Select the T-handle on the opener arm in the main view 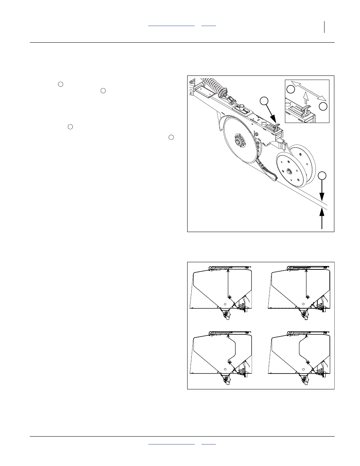point(276,127)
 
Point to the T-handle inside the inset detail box point(306,110)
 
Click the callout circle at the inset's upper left point(290,89)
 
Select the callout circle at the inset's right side point(323,106)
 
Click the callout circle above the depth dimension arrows point(322,175)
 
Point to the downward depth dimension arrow point(322,191)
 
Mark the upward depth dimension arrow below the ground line point(322,219)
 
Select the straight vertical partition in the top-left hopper point(228,283)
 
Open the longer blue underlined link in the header point(171,25)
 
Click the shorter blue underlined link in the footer point(208,444)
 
